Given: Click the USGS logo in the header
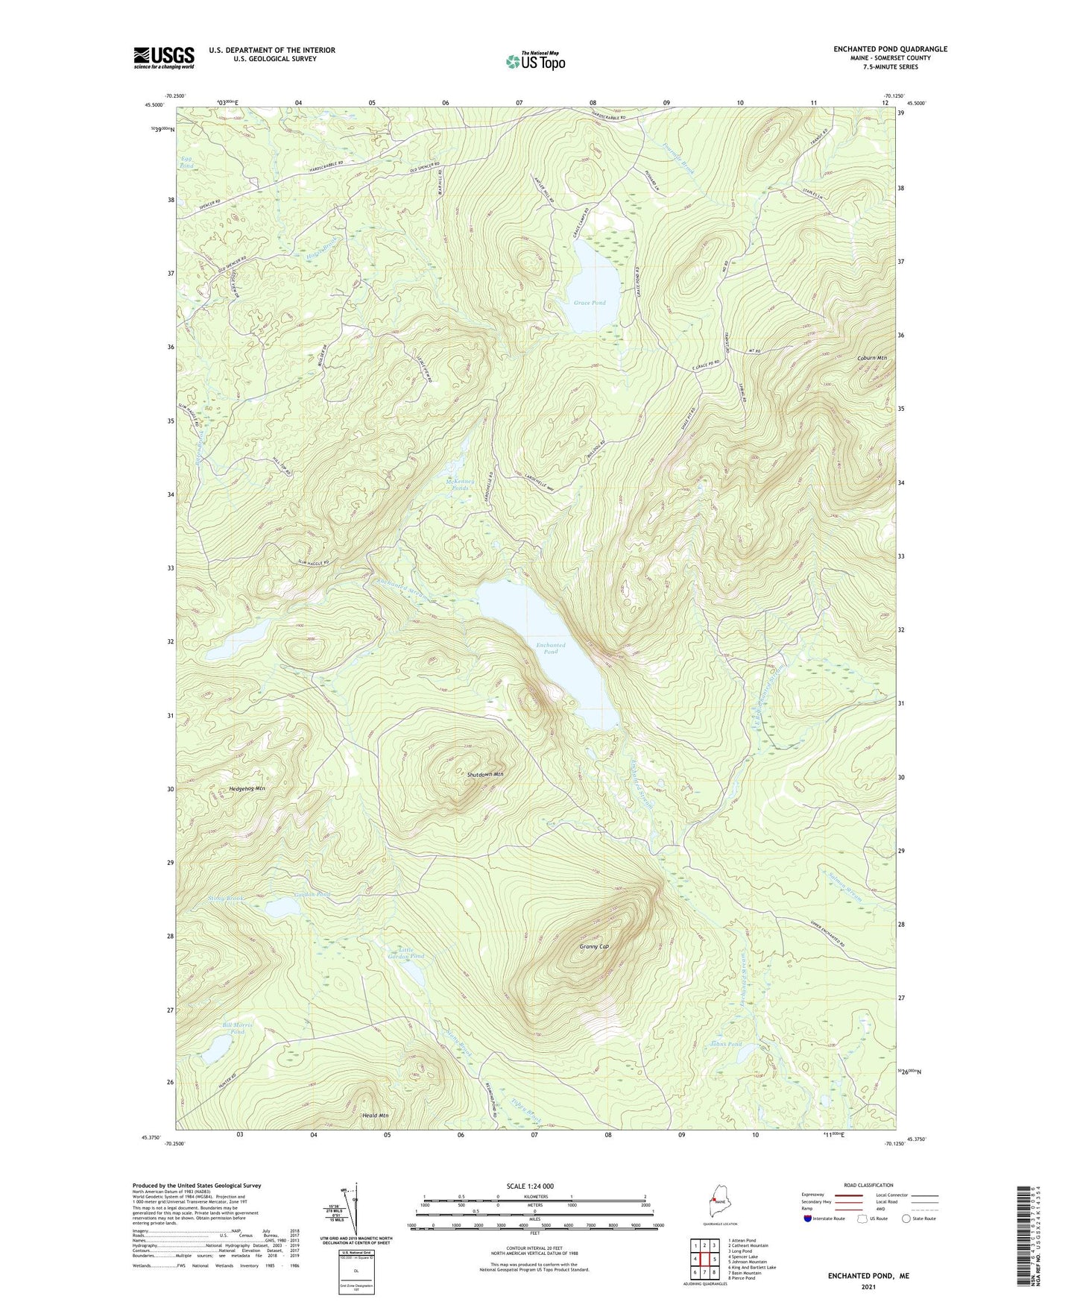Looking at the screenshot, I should [164, 57].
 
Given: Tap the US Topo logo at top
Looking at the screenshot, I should [534, 60].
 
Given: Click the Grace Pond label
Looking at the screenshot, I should [590, 303].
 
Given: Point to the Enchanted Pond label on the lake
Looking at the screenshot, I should [551, 648].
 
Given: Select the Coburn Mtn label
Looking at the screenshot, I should [871, 359].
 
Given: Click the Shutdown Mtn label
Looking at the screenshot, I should [484, 775].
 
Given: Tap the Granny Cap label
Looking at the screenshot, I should [594, 946].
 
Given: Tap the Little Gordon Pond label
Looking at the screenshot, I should [406, 952].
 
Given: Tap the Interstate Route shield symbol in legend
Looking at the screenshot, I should [807, 1218].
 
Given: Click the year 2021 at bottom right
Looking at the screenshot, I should [868, 1286].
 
